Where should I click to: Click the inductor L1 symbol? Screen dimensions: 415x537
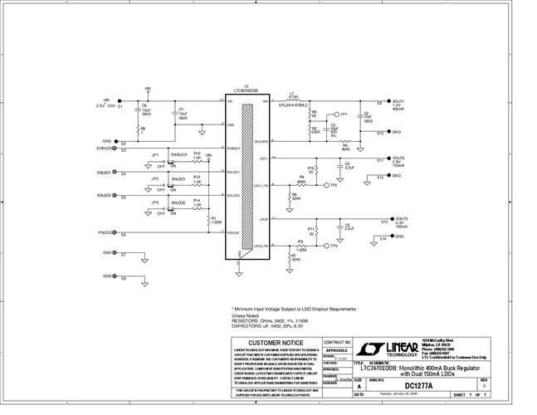293,100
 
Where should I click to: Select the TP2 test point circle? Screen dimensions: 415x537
326,185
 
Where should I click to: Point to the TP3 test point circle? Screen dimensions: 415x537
326,246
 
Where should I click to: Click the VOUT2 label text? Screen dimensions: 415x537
399,158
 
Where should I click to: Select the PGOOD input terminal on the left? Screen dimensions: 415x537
115,233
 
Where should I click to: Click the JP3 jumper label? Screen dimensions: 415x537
154,203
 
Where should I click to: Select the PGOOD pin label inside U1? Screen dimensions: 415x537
234,233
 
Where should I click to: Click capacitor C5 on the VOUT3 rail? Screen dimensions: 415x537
339,227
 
